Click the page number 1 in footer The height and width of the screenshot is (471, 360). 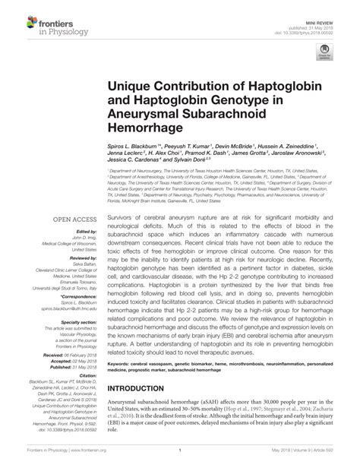180,460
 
